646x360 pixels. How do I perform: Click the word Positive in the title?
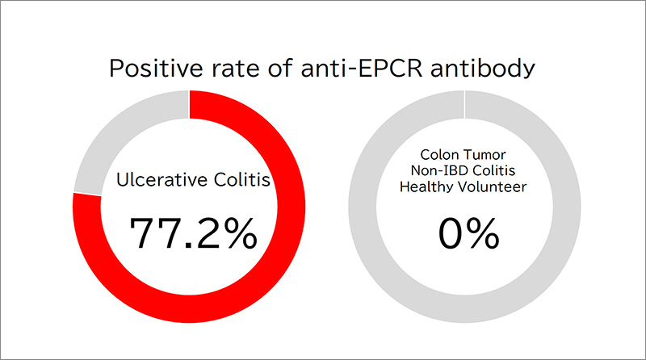coord(156,69)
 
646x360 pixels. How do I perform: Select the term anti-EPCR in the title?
coord(361,69)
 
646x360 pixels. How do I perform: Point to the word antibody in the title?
coord(482,69)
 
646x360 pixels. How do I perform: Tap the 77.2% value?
coord(193,233)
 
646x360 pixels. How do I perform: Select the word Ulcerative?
coord(161,180)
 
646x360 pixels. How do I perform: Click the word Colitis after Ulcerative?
coord(241,179)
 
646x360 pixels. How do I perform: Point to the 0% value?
coord(469,233)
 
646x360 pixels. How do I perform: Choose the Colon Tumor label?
coord(463,155)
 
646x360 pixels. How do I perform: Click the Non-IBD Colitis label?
coord(463,170)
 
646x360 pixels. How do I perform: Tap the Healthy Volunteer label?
coord(463,186)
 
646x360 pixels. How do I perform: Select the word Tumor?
coord(484,155)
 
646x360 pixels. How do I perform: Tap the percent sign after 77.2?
coord(244,233)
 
